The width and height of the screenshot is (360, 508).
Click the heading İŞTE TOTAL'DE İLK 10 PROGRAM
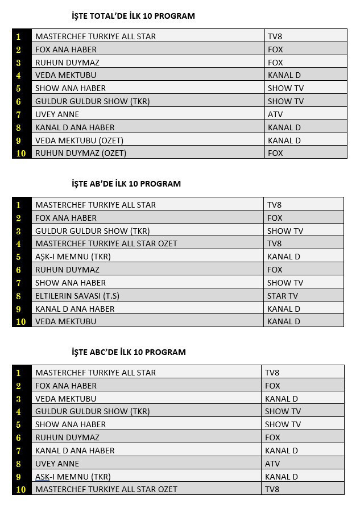point(133,16)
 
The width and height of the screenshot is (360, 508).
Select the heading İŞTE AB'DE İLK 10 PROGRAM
point(126,184)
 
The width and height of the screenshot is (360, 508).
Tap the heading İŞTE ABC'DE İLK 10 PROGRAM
point(129,352)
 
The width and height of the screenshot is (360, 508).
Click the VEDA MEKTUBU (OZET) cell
point(79,141)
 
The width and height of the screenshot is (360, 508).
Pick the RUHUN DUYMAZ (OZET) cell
point(81,153)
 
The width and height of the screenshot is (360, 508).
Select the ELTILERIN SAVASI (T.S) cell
point(77,296)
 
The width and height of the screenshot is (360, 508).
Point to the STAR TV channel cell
point(283,296)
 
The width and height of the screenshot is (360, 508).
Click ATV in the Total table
point(276,114)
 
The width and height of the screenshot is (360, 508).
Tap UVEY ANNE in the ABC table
point(57,464)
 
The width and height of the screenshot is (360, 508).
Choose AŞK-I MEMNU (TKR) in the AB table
point(73,257)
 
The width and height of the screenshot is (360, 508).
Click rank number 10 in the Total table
point(21,153)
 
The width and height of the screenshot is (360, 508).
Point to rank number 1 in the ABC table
point(19,373)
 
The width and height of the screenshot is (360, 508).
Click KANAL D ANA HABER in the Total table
point(75,127)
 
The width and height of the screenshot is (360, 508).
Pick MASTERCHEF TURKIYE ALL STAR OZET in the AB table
point(106,243)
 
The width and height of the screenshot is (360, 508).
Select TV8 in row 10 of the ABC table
point(272,489)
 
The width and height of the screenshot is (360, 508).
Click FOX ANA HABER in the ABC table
point(66,386)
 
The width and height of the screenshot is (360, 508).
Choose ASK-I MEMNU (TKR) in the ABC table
point(73,477)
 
